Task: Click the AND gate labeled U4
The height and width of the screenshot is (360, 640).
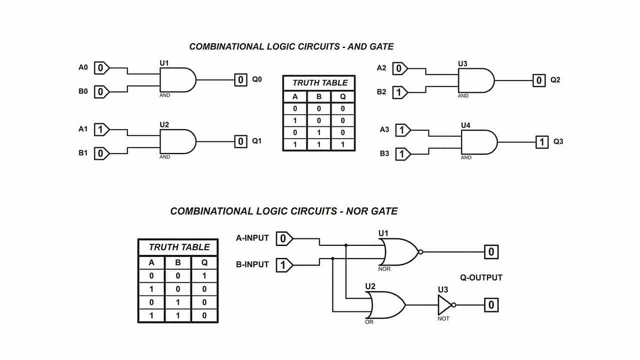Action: coord(478,142)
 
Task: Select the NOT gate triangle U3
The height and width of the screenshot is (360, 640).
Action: coord(445,306)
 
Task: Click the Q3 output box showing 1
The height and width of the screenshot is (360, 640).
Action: coord(542,142)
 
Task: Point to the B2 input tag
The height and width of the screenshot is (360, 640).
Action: coord(400,93)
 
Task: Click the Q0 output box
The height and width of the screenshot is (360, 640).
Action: coord(241,80)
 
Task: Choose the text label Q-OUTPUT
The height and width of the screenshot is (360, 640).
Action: coord(481,278)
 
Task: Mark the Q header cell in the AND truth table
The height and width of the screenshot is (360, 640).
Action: coord(343,97)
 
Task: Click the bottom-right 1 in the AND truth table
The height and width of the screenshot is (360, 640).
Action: coord(343,144)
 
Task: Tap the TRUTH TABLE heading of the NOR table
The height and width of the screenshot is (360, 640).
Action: coord(179,247)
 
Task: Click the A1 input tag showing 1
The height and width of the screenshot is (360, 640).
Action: coord(101,130)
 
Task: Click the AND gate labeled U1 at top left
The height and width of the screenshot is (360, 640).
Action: coord(178,80)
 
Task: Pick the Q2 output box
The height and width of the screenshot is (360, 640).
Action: coord(540,81)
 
